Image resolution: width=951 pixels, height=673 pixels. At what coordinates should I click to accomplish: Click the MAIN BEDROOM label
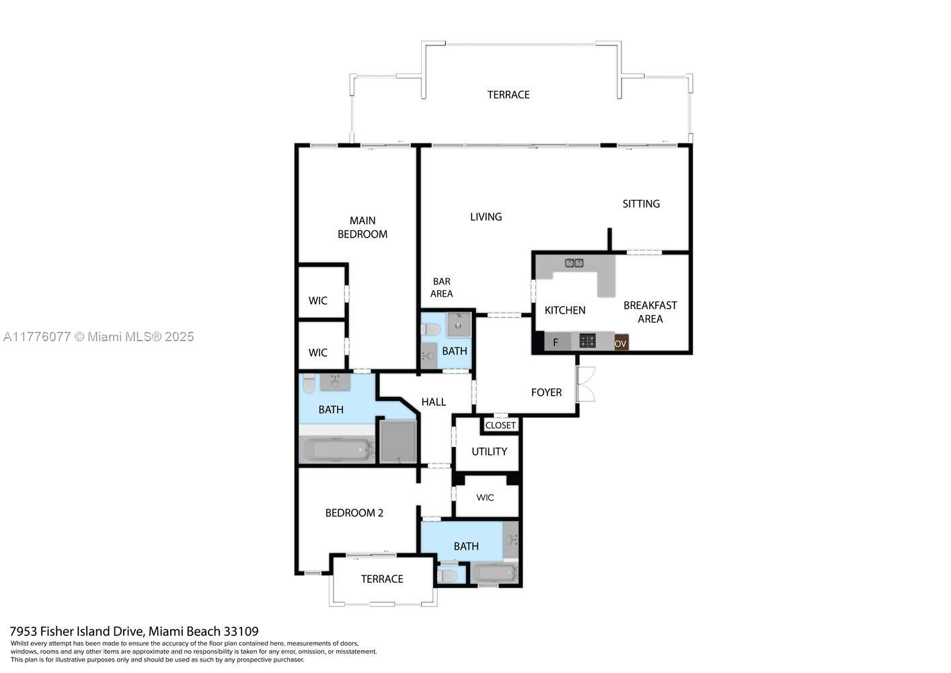click(362, 227)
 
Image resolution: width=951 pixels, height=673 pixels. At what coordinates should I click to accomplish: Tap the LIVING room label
click(486, 217)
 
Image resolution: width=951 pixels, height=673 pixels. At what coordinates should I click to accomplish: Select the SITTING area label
click(641, 204)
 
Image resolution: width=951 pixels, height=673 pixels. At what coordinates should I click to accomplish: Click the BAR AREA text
click(441, 287)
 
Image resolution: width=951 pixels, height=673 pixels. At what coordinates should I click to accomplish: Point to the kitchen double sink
click(574, 263)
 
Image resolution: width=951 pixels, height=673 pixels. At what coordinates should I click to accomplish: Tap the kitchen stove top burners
click(588, 341)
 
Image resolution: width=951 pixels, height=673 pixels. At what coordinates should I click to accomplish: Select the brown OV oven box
click(621, 343)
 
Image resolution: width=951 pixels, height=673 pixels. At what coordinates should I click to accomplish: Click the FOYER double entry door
click(585, 384)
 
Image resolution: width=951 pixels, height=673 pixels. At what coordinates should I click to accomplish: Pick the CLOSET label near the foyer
click(500, 425)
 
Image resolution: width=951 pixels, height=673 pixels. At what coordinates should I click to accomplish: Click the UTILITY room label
click(489, 452)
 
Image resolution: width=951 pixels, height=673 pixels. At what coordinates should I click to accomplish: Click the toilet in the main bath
click(309, 383)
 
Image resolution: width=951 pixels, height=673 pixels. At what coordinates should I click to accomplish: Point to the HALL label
click(434, 402)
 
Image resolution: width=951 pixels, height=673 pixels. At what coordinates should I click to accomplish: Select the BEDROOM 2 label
click(354, 513)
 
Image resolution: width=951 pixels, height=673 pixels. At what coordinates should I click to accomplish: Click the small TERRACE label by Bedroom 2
click(382, 579)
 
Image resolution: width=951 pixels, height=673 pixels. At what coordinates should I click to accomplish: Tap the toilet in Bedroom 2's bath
click(447, 576)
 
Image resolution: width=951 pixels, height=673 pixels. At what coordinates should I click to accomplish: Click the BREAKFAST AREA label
click(650, 312)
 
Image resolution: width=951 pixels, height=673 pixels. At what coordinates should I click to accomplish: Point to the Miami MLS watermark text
click(98, 337)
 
